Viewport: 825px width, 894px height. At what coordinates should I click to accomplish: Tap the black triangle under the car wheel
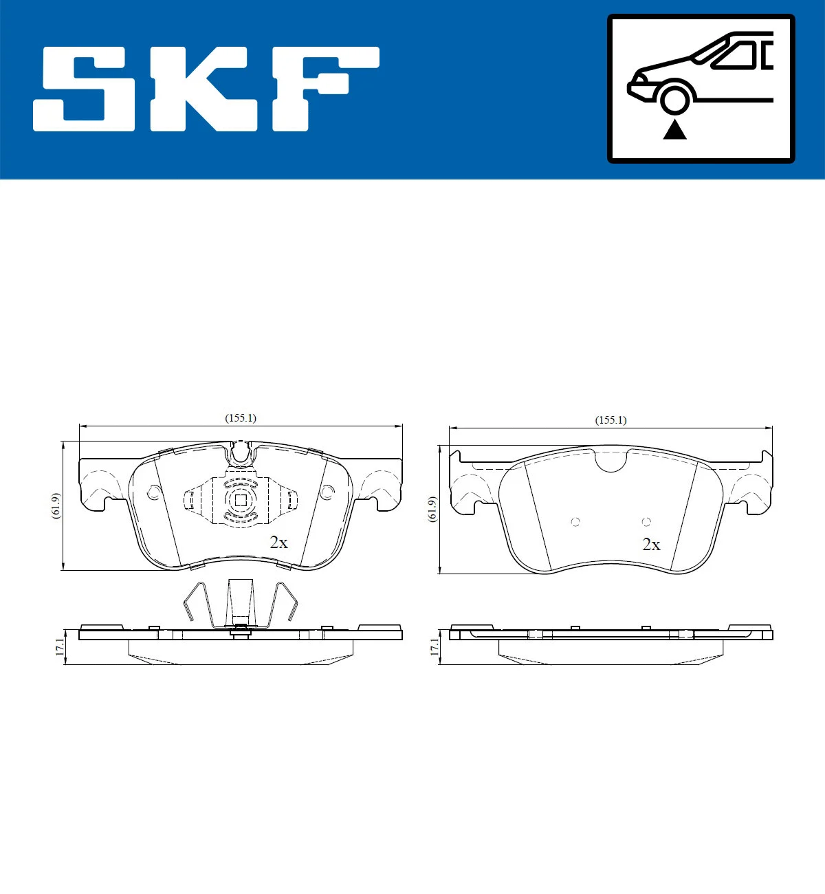[674, 129]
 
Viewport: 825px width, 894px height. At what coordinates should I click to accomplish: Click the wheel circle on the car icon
[674, 98]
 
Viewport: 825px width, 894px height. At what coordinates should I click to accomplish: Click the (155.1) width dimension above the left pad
[241, 418]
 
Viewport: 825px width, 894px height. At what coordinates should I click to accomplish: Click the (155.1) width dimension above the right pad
[610, 420]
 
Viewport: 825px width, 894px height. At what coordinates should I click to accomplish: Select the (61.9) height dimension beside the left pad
[56, 506]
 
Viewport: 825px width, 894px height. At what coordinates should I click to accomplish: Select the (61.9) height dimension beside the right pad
[432, 509]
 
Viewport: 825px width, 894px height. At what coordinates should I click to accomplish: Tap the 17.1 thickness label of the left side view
[60, 646]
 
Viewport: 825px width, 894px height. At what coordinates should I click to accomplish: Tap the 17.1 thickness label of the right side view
[434, 646]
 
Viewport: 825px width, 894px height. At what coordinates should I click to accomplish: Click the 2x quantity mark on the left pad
[278, 543]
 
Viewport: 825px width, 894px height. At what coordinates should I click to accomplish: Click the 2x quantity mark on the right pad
[651, 545]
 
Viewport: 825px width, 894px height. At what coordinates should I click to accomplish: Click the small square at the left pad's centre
[241, 501]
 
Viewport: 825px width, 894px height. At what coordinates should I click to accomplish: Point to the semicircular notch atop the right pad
[610, 461]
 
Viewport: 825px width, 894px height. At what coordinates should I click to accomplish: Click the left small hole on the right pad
[575, 521]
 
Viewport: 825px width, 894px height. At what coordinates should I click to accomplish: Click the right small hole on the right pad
[646, 521]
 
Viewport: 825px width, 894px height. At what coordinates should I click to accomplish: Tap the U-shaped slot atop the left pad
[241, 452]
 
